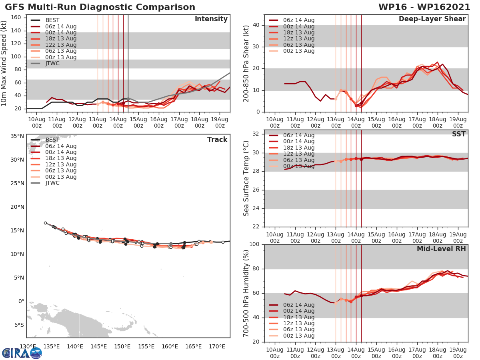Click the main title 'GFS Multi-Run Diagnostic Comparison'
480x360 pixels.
pyautogui.click(x=100, y=7)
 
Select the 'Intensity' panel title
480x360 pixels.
pyautogui.click(x=211, y=19)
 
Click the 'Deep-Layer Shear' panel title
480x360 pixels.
pyautogui.click(x=432, y=19)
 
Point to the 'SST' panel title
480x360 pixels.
pyautogui.click(x=459, y=134)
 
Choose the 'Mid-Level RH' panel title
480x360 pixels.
pyautogui.click(x=441, y=249)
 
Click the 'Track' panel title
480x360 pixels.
pyautogui.click(x=217, y=140)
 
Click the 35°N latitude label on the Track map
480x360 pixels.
pyautogui.click(x=17, y=136)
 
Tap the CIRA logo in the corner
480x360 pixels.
pyautogui.click(x=22, y=353)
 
